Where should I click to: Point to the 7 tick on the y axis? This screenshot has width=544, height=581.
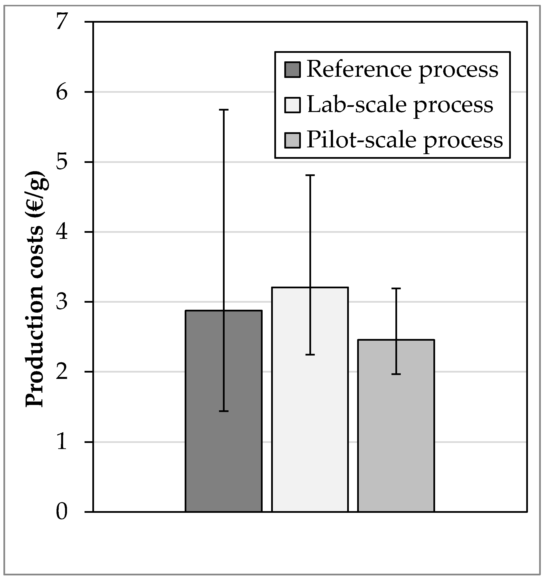(62, 22)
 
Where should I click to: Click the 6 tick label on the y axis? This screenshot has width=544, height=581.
(62, 92)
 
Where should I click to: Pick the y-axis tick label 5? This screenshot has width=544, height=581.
(62, 162)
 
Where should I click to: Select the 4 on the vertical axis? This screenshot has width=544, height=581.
(62, 232)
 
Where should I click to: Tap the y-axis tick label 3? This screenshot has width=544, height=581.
(62, 302)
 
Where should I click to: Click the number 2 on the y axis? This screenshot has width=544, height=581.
(62, 372)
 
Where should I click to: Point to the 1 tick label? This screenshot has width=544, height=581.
(62, 442)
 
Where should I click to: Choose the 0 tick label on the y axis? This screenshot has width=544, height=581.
(62, 512)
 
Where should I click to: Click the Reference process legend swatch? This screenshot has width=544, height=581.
(292, 70)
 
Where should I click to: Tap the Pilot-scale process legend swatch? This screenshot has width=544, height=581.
(292, 141)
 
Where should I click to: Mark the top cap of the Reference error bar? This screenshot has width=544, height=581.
(224, 110)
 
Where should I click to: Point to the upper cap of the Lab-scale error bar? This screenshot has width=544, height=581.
(310, 175)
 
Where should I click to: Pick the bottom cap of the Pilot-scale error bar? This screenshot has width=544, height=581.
(396, 374)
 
